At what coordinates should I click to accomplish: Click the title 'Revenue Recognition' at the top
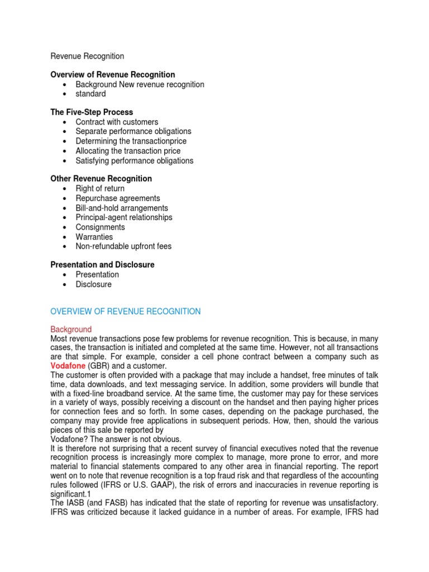coord(87,56)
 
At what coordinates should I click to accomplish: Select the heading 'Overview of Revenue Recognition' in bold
coord(112,74)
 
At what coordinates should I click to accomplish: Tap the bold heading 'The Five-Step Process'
coord(92,112)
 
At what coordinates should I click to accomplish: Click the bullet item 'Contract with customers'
coord(117,122)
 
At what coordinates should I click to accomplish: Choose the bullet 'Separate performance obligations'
coord(134,131)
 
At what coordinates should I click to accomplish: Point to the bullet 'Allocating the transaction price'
coord(128,151)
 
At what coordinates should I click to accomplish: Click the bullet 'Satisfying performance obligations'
coord(134,160)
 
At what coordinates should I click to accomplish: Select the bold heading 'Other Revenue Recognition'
coord(101,179)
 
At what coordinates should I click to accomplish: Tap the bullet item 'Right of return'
coord(100,189)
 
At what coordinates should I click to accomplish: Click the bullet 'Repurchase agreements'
coord(117,198)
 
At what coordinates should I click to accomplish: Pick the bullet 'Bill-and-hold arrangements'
coord(122,208)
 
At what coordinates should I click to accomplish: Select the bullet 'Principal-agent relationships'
coord(124,217)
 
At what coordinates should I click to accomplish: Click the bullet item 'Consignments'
coord(100,227)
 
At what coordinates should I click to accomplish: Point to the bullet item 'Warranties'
coord(94,237)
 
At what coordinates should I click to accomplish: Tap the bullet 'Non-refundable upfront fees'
coord(123,246)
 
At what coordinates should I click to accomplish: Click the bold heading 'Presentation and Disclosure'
coord(102,265)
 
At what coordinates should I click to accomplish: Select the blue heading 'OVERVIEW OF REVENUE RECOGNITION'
coord(125,311)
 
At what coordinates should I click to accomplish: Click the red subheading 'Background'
coord(71,330)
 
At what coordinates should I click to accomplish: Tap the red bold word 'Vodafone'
coord(68,365)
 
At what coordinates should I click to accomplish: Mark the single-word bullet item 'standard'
coord(90,94)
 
